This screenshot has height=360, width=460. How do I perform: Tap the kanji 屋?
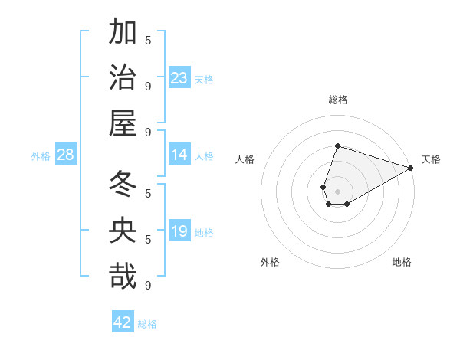coord(123,123)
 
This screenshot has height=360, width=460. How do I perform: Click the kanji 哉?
coord(123,276)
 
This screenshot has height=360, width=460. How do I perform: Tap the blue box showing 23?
coord(179,77)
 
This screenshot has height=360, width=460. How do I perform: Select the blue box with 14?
coord(179,155)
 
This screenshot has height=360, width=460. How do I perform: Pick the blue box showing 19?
coord(179,231)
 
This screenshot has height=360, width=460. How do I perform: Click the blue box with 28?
coord(66,155)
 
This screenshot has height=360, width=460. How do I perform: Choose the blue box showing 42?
coord(123,322)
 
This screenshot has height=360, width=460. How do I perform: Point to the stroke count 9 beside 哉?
coord(148,285)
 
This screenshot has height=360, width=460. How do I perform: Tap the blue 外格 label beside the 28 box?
coord(41,156)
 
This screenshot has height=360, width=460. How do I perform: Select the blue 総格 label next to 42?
coord(147,324)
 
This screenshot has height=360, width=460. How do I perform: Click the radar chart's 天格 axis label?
coord(431,159)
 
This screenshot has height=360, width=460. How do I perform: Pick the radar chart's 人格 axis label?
coord(245,159)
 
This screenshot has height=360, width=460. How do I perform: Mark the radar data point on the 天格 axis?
coord(410,168)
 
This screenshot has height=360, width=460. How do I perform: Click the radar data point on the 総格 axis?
coord(337,146)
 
